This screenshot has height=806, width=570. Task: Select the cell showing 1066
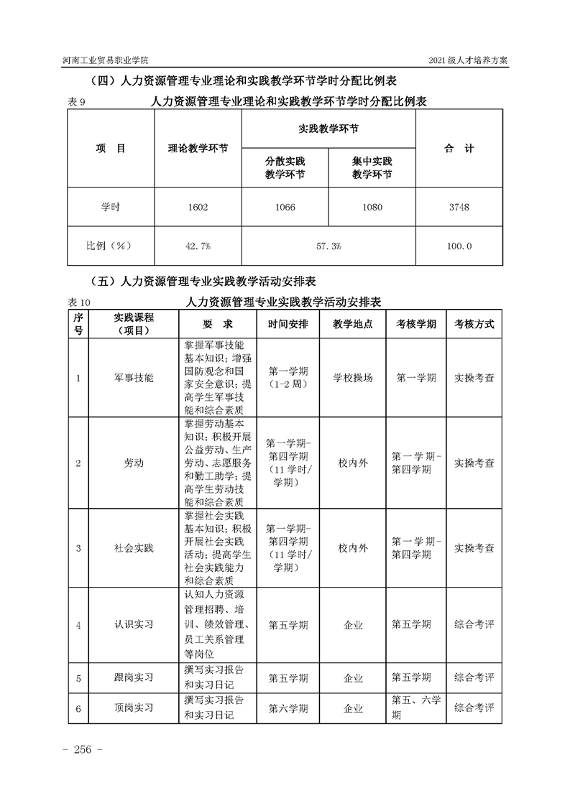pos(285,208)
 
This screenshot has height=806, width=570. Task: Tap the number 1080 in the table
pos(372,208)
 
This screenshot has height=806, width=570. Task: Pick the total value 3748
pos(459,208)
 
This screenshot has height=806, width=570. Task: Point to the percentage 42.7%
pos(197,246)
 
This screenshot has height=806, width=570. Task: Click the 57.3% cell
pos(328,246)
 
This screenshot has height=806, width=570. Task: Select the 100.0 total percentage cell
pos(459,246)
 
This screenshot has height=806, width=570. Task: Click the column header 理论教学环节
pos(198,149)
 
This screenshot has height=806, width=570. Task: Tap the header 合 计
pos(459,149)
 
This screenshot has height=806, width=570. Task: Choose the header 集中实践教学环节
pos(372,168)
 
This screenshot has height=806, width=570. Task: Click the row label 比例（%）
pos(110,246)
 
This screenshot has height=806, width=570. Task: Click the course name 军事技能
pos(134,377)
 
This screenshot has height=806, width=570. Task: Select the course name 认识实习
pos(134,625)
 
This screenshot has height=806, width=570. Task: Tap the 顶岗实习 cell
pos(134,708)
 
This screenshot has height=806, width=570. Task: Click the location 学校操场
pos(353,377)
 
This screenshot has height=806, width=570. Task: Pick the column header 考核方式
pos(474,324)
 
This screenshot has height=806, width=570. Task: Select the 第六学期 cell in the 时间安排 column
pos(288,708)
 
